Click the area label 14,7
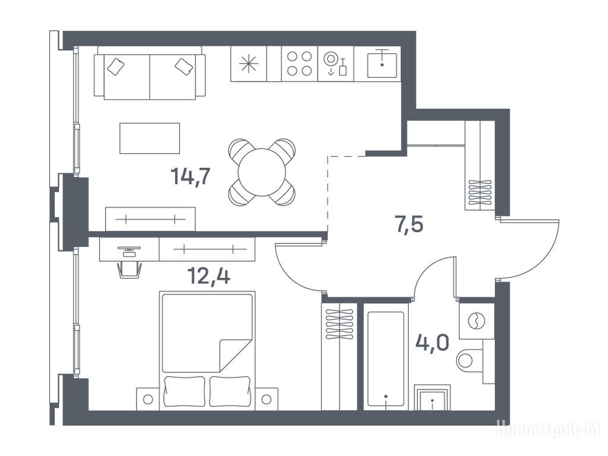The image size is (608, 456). point(191,177)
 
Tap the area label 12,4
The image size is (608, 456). point(208,275)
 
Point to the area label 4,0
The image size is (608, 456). point(432,343)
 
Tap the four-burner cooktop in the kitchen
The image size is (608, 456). point(299,64)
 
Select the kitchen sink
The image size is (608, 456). point(382,64)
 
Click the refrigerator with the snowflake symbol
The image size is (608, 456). point(249,64)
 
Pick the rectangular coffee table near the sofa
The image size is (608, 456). point(150,138)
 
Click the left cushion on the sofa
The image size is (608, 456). point(116,66)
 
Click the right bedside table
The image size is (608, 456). point(267,398)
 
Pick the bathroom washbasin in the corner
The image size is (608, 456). point(432,397)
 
